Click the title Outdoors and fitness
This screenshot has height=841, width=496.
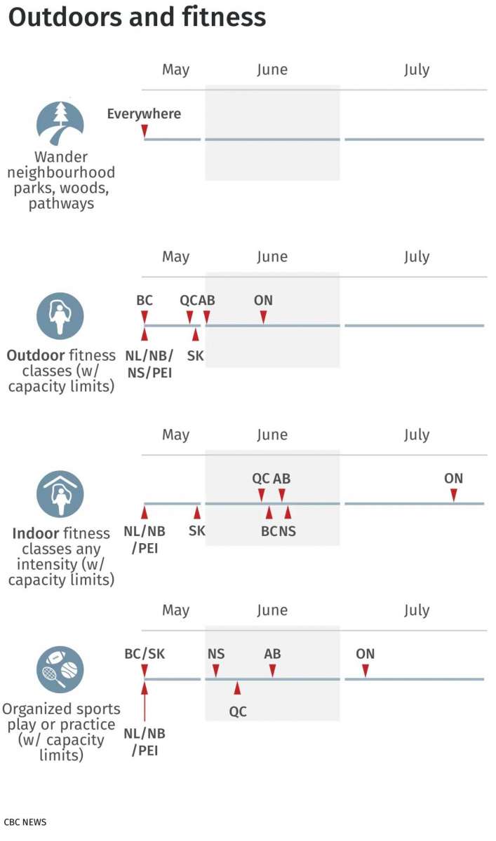[x=138, y=18]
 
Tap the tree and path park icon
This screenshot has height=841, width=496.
[x=60, y=123]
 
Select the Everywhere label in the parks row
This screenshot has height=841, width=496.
[x=144, y=114]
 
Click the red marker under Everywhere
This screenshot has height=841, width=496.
[x=145, y=131]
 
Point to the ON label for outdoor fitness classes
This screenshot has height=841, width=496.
[x=263, y=301]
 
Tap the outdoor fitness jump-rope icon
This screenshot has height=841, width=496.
[x=60, y=315]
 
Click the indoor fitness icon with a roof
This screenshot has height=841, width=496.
[x=60, y=493]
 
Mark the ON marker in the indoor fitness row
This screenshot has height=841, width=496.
[x=454, y=495]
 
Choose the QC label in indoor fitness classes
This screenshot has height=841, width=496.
[x=261, y=479]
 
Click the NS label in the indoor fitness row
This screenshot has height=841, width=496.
[x=288, y=531]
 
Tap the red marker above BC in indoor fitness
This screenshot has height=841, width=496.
[x=269, y=512]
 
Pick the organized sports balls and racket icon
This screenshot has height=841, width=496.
[x=60, y=669]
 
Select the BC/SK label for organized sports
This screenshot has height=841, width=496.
[x=145, y=654]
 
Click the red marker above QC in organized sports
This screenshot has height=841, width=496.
[x=238, y=688]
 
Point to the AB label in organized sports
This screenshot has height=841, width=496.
[x=272, y=654]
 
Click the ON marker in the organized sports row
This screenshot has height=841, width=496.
[x=366, y=671]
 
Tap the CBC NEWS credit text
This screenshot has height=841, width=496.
[x=25, y=821]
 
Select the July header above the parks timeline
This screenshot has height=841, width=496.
[x=417, y=69]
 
